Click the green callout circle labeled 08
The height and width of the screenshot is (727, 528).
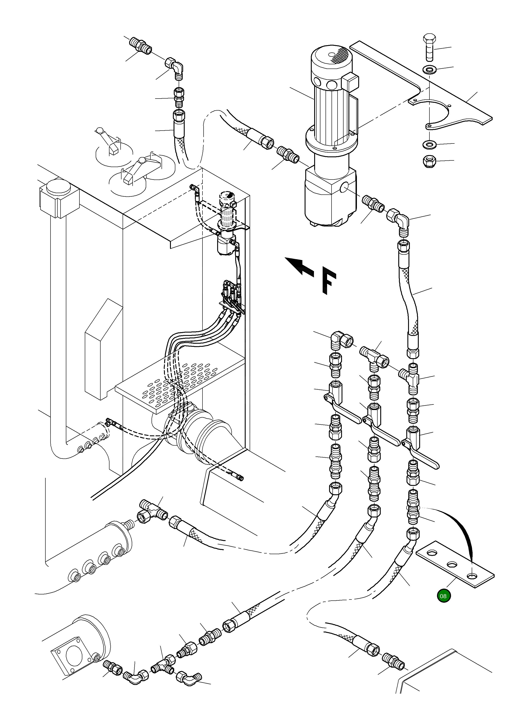(x=443, y=596)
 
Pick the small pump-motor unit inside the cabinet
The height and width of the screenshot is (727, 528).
(x=227, y=224)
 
